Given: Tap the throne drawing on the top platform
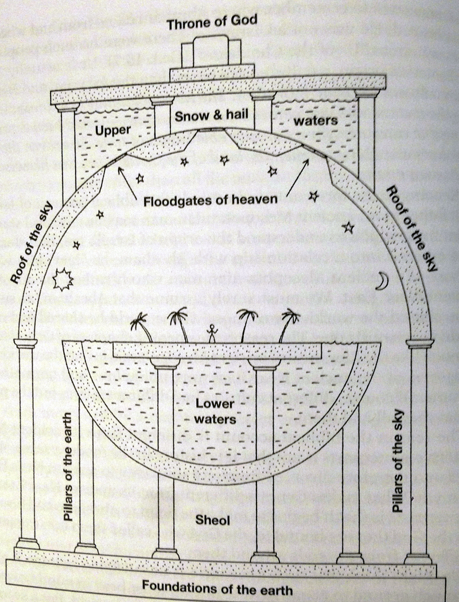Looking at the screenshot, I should [x=209, y=54].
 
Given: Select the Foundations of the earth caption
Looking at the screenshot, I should [x=217, y=589].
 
